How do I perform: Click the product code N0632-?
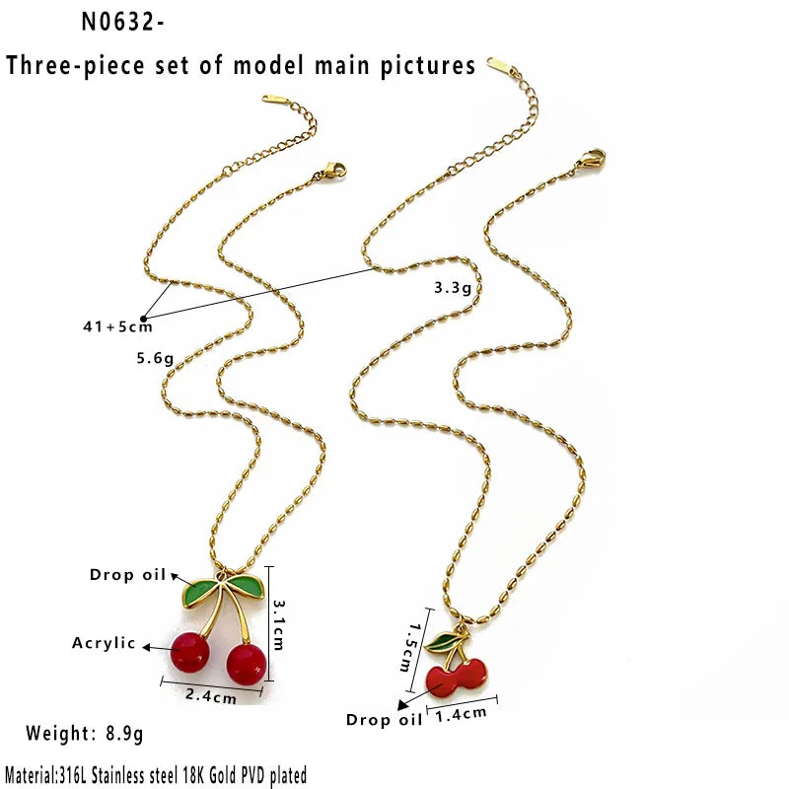(x=122, y=22)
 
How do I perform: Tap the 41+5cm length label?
(x=117, y=326)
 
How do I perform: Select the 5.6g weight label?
(x=155, y=358)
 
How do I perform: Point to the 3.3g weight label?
(x=453, y=287)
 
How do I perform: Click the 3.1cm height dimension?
(x=278, y=624)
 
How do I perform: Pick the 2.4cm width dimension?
(x=211, y=695)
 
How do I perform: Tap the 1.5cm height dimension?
(x=408, y=648)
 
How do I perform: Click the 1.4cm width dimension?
(x=461, y=714)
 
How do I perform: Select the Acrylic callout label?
(x=104, y=643)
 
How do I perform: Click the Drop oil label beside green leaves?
(x=128, y=575)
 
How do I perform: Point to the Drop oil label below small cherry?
(x=384, y=720)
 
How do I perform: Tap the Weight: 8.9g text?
(x=85, y=733)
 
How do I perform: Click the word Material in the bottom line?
(x=30, y=775)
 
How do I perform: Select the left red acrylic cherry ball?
(x=189, y=653)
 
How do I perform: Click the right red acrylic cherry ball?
(x=246, y=664)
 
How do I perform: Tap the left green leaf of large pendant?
(x=199, y=593)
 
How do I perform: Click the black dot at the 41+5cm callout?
(x=143, y=319)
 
